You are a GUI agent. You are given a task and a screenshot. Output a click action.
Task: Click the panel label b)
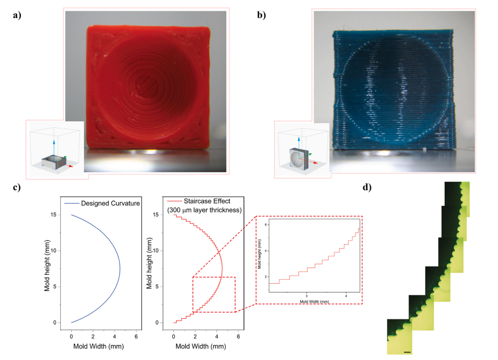[x=262, y=15]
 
